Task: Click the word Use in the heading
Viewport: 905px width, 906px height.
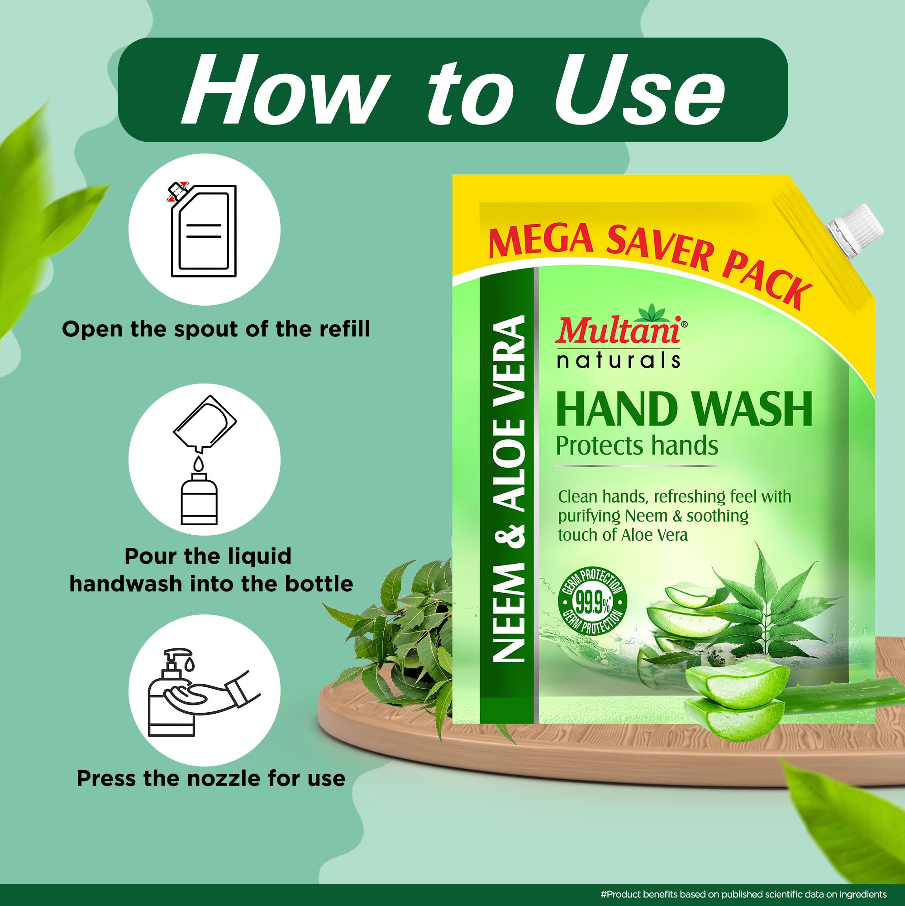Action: click(639, 89)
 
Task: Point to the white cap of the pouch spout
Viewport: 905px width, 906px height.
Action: click(854, 230)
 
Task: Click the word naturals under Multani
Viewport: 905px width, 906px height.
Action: click(618, 360)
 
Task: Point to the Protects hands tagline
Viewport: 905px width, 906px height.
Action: click(637, 446)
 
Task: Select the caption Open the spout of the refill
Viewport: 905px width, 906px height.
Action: click(216, 329)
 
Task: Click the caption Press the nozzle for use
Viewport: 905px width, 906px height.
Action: click(211, 778)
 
